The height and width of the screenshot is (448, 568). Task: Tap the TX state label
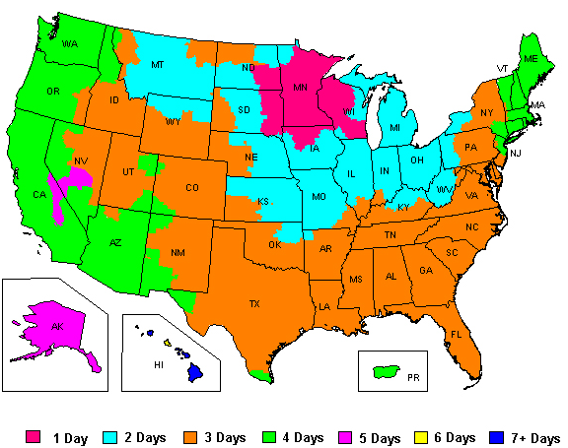[x=254, y=304]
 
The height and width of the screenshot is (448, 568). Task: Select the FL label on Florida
[x=457, y=335]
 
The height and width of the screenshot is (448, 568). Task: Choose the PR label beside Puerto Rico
[x=413, y=376]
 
